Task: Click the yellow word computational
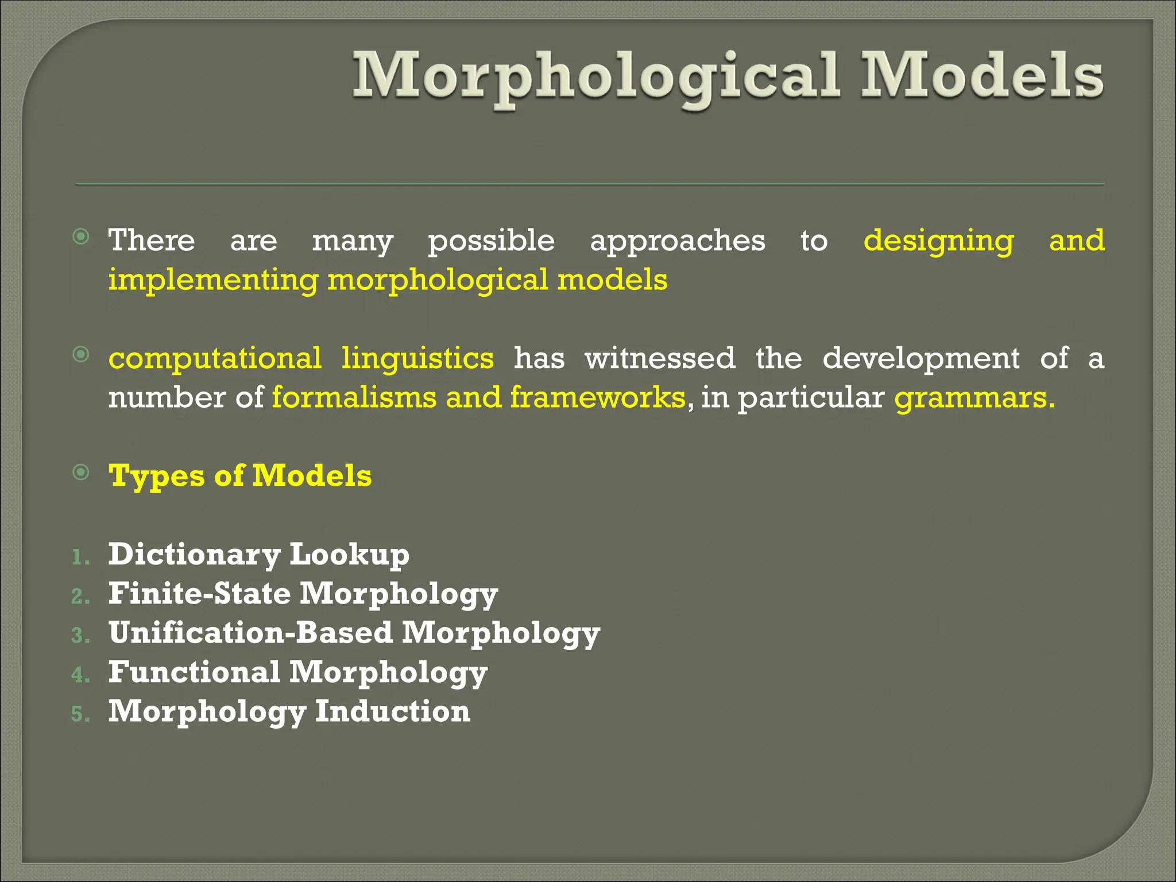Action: point(215,359)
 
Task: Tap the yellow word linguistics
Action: point(417,359)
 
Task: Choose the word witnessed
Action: point(660,359)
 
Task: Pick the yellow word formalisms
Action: point(354,397)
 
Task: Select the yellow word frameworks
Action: point(597,397)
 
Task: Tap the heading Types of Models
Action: point(240,477)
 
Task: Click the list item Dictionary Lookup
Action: point(258,555)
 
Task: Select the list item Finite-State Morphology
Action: point(303,594)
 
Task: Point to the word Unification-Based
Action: point(250,633)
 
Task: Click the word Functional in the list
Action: point(194,672)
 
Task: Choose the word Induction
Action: point(393,711)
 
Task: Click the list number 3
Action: point(80,636)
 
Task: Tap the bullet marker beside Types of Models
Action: point(82,473)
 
